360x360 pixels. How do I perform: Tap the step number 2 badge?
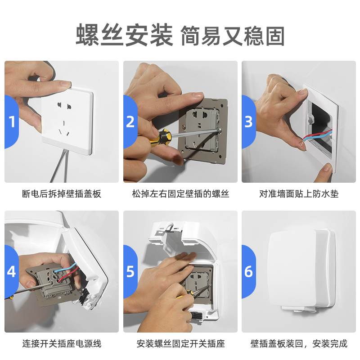point(130,121)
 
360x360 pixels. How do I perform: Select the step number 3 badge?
point(249,121)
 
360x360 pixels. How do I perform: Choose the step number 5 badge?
point(130,272)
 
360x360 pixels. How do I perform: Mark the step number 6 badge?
point(249,272)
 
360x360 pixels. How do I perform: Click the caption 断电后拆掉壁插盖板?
point(62,194)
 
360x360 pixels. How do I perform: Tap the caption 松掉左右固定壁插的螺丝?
point(180,194)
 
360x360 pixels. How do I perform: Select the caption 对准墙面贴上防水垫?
point(299,194)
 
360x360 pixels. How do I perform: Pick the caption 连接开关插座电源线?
point(62,344)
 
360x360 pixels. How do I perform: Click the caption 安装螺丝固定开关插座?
point(180,344)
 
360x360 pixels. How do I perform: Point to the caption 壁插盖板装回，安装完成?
point(299,344)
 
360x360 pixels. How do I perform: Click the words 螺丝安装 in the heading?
point(124,35)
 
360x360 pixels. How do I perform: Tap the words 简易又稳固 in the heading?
point(233,36)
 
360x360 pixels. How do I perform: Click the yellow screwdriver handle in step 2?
point(161,136)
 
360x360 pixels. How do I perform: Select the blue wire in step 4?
point(65,268)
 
